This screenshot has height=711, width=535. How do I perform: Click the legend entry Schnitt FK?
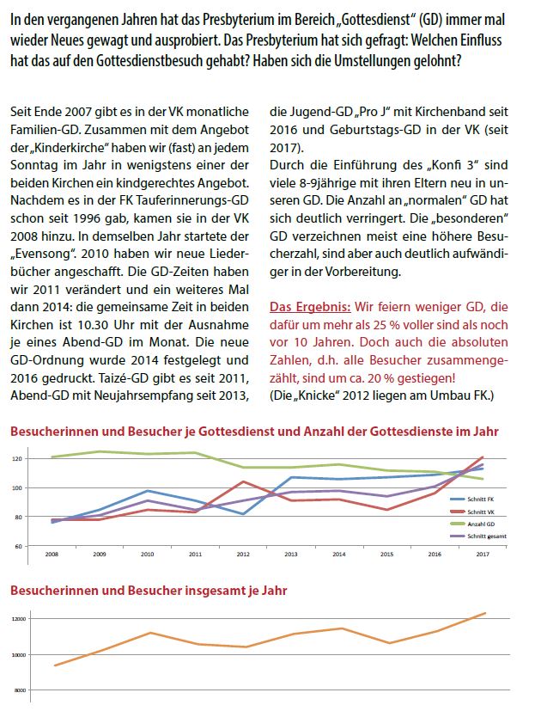(483, 499)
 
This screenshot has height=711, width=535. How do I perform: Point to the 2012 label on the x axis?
(243, 555)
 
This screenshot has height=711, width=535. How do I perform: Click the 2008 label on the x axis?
(53, 555)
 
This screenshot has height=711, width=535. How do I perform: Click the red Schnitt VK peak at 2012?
(243, 481)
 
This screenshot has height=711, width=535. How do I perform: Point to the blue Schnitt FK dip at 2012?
(243, 514)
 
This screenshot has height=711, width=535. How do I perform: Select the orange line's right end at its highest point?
(485, 613)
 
